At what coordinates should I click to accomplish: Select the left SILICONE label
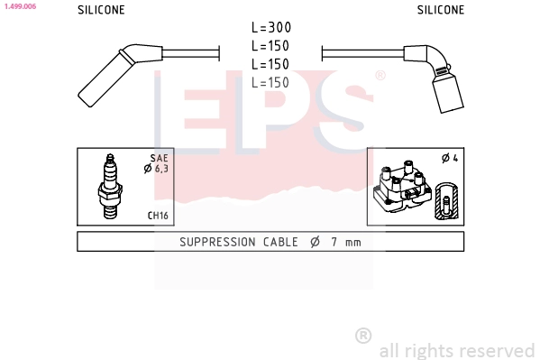pos(101,11)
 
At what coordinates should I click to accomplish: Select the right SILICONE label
pos(441,11)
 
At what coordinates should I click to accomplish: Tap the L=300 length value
pos(270,28)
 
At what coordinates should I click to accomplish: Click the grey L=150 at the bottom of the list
pos(270,83)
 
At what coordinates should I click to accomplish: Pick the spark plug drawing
pos(111,186)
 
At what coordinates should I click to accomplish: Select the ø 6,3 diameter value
pos(157,170)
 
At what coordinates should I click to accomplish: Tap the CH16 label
pos(158,217)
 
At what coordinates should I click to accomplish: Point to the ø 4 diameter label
pos(450,159)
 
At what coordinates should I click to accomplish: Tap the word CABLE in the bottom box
pos(283,242)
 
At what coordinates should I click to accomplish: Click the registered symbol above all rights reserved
pos(363,336)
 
